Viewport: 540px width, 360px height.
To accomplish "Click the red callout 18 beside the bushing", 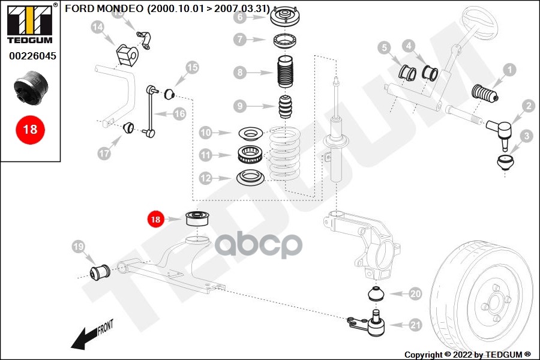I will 155,220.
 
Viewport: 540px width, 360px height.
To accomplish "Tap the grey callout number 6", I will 240,17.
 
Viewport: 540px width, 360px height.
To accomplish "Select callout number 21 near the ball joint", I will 415,326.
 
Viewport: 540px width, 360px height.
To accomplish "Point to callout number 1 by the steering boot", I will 509,70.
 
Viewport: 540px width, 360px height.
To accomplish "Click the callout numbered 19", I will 77,247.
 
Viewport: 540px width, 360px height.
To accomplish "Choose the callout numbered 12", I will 206,178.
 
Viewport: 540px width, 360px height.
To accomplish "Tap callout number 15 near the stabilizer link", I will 191,67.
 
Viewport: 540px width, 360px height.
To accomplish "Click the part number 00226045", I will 32,56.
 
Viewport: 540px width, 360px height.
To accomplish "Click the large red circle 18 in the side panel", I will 30,128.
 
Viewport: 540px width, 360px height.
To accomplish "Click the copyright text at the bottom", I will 467,354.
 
